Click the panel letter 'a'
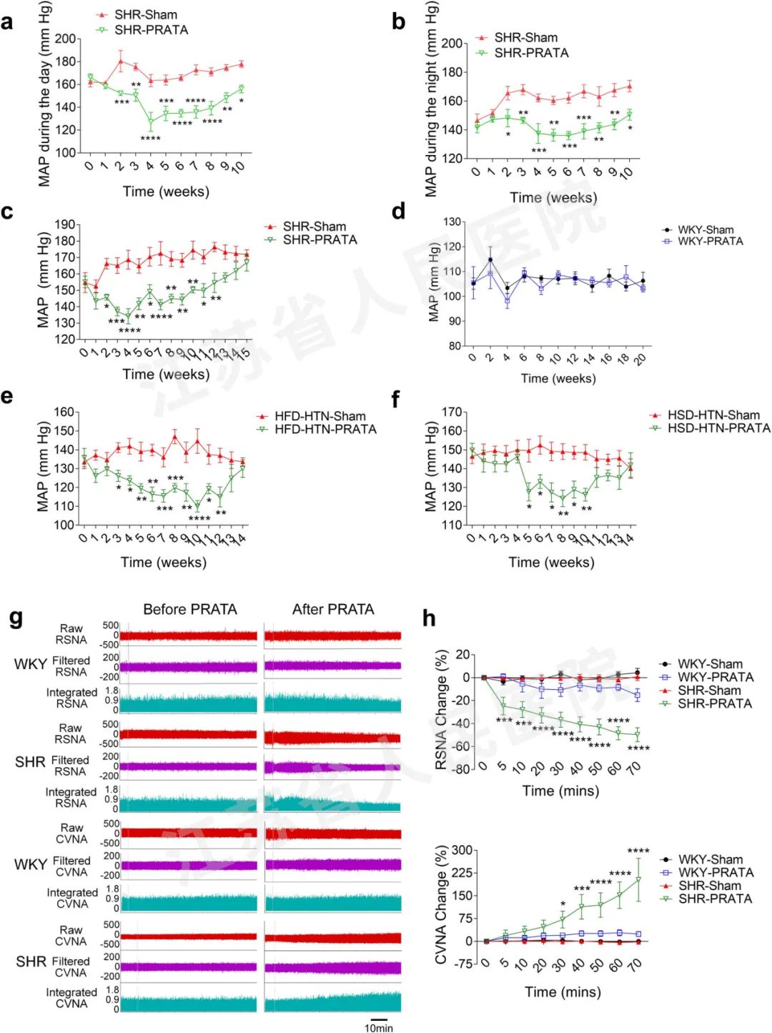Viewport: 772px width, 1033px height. pyautogui.click(x=7, y=23)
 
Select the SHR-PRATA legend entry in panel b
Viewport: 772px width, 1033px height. pyautogui.click(x=531, y=53)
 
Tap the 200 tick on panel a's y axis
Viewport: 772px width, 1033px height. pyautogui.click(x=66, y=39)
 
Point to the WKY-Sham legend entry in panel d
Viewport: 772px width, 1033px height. pyautogui.click(x=706, y=229)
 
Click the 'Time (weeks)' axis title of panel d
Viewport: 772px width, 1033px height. pyautogui.click(x=558, y=378)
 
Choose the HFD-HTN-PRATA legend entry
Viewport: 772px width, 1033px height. pyautogui.click(x=325, y=429)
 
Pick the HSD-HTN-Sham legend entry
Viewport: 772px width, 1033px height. pyautogui.click(x=713, y=415)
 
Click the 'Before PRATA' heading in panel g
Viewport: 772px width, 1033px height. pyautogui.click(x=189, y=609)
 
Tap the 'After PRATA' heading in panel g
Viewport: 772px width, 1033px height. pyautogui.click(x=333, y=609)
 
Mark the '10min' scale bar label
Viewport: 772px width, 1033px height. pyautogui.click(x=379, y=1027)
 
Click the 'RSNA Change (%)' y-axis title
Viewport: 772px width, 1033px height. pyautogui.click(x=442, y=709)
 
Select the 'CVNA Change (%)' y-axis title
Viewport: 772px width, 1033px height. pyautogui.click(x=442, y=904)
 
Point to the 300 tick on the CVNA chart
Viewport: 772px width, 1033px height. pyautogui.click(x=462, y=850)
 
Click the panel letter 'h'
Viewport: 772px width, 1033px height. pyautogui.click(x=429, y=618)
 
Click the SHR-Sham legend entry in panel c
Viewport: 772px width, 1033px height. pyautogui.click(x=314, y=227)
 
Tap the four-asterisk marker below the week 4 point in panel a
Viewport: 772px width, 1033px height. pyautogui.click(x=150, y=138)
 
